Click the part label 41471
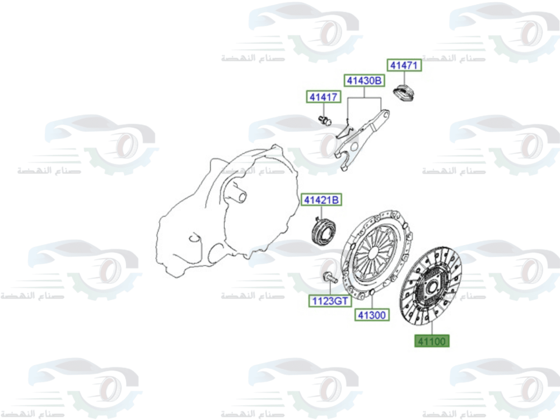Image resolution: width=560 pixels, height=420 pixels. pyautogui.click(x=404, y=66)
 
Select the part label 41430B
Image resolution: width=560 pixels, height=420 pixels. pyautogui.click(x=365, y=81)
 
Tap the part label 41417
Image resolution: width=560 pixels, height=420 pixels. pyautogui.click(x=323, y=97)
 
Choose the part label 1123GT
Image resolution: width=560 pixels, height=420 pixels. pyautogui.click(x=329, y=302)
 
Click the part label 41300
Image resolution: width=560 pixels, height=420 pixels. pyautogui.click(x=372, y=315)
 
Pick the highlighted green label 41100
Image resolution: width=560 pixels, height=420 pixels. pyautogui.click(x=432, y=340)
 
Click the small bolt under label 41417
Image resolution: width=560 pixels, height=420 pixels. pyautogui.click(x=324, y=119)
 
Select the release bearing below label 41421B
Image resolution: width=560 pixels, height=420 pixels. pyautogui.click(x=324, y=230)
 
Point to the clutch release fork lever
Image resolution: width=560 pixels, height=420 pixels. pyautogui.click(x=358, y=137)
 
